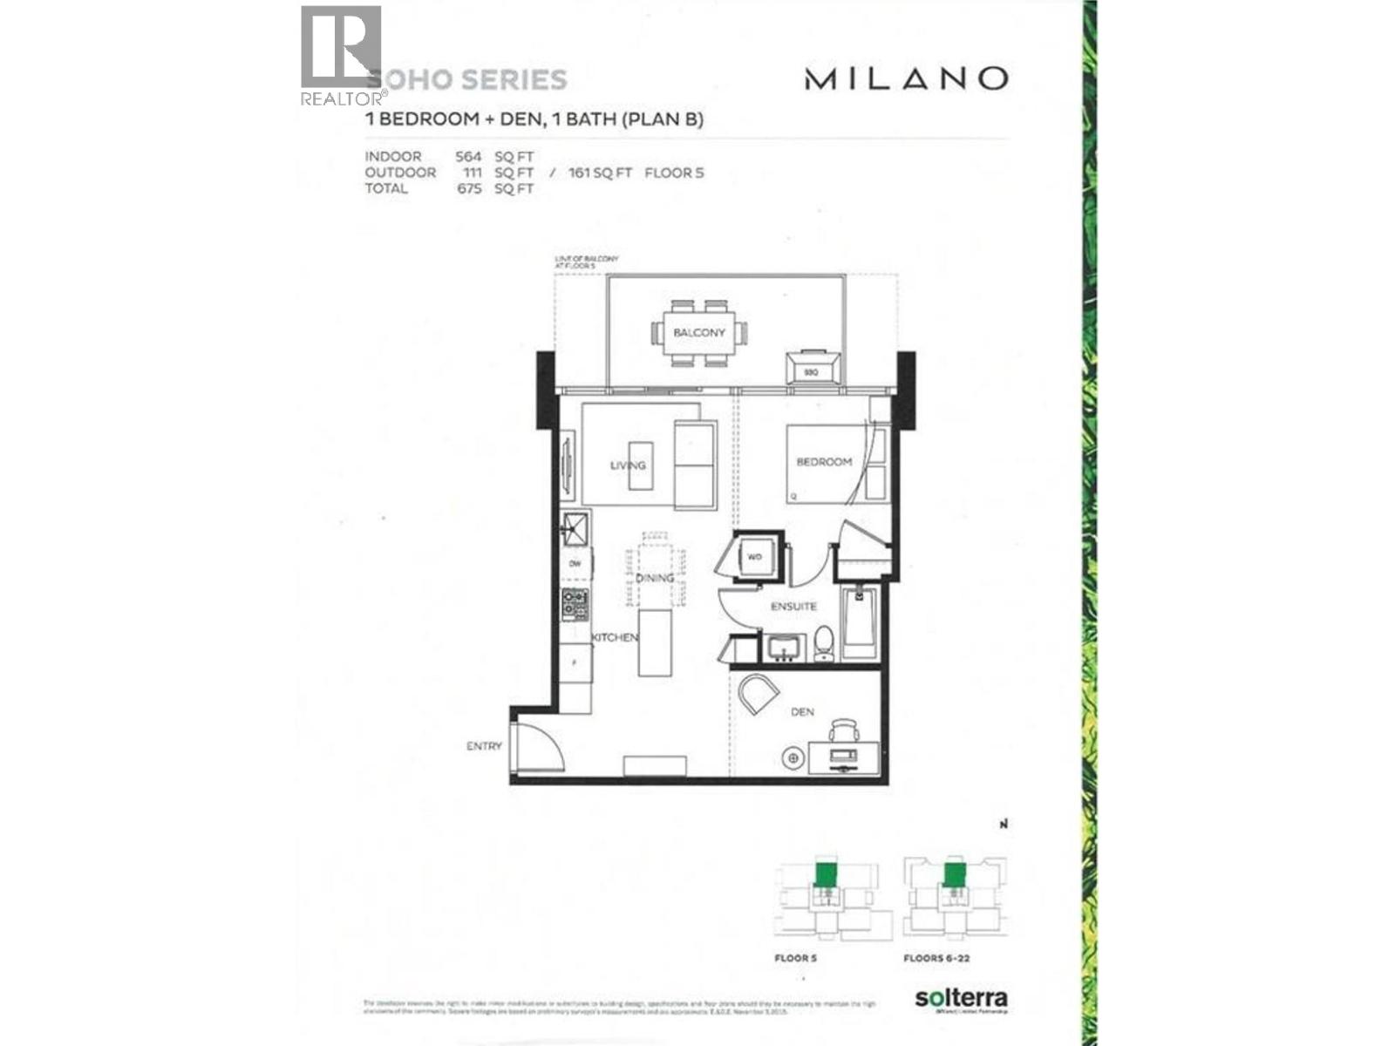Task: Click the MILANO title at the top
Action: coord(906,78)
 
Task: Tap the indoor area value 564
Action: coord(468,157)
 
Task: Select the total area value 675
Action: coord(469,188)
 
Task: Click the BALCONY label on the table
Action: coord(698,333)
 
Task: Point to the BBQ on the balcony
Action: coord(813,369)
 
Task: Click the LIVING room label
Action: coord(628,465)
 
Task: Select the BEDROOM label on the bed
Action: coord(824,462)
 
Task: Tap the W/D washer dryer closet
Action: coord(753,556)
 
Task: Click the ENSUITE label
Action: coord(793,606)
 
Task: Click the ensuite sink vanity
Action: coord(786,648)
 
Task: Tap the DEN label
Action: coord(802,712)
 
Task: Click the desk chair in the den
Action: coord(844,730)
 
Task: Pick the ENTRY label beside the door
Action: coord(484,746)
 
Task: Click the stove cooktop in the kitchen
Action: coord(575,604)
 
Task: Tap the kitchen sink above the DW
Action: coord(575,527)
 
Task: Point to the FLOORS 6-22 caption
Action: coord(936,958)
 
